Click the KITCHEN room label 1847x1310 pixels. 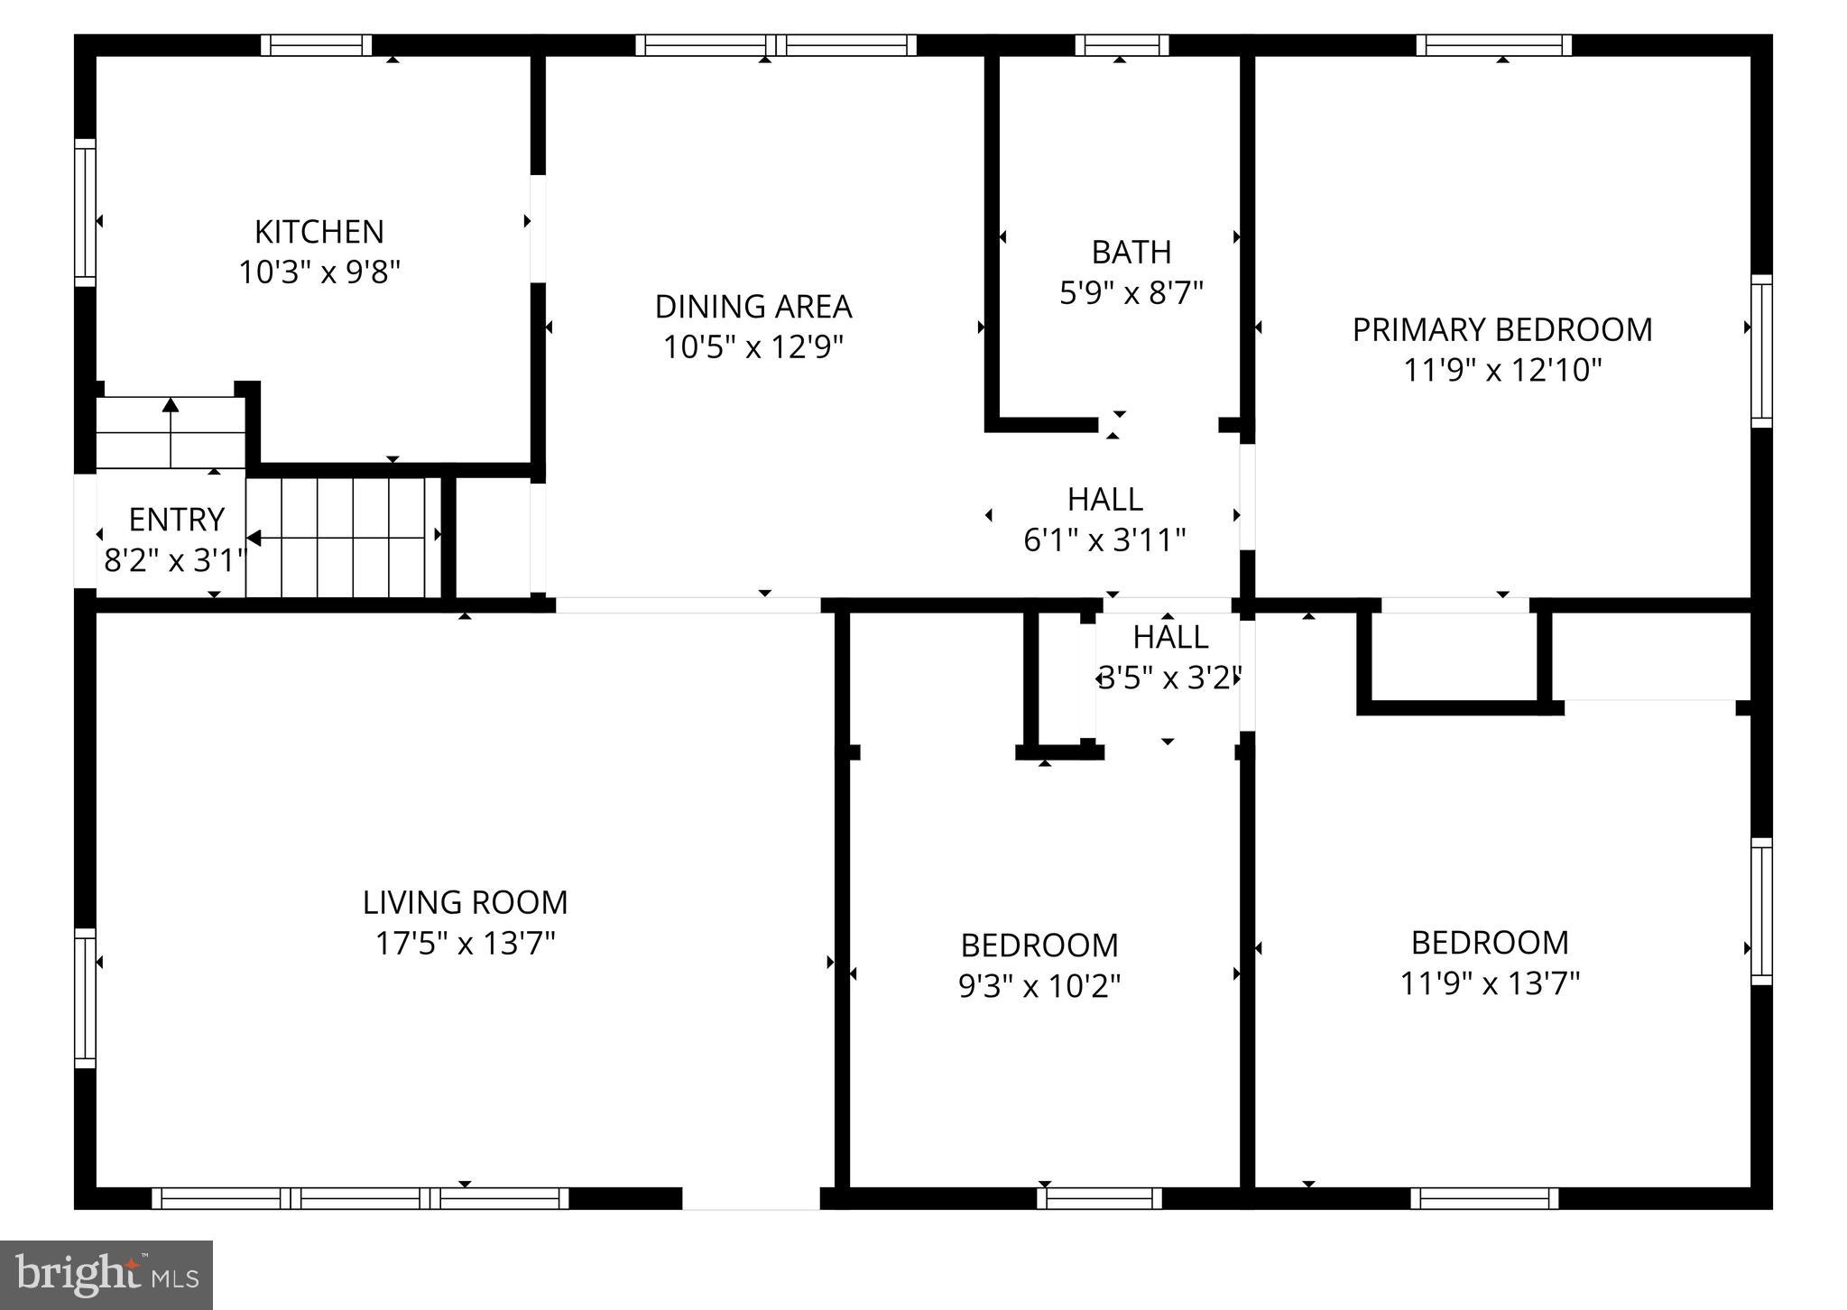tap(319, 232)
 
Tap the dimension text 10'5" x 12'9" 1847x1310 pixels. tap(753, 346)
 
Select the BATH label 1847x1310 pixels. tap(1131, 252)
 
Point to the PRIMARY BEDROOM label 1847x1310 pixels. tap(1502, 329)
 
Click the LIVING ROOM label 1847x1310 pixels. tap(466, 902)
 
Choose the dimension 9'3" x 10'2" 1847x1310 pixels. tap(1039, 986)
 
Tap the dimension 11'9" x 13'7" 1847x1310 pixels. tap(1490, 982)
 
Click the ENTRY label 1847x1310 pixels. tap(176, 520)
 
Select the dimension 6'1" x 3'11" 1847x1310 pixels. tap(1104, 540)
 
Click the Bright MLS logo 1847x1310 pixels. tap(106, 1275)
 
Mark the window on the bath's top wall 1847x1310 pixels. tap(1122, 45)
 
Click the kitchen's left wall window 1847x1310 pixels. tap(85, 213)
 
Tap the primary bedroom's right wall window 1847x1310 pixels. tap(1761, 351)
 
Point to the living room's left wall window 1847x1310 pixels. tap(85, 998)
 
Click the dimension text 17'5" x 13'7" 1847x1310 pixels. tap(466, 943)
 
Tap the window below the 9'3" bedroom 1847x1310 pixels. tap(1099, 1198)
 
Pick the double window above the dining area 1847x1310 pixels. tap(776, 45)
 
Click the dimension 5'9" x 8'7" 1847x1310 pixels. tap(1131, 292)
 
